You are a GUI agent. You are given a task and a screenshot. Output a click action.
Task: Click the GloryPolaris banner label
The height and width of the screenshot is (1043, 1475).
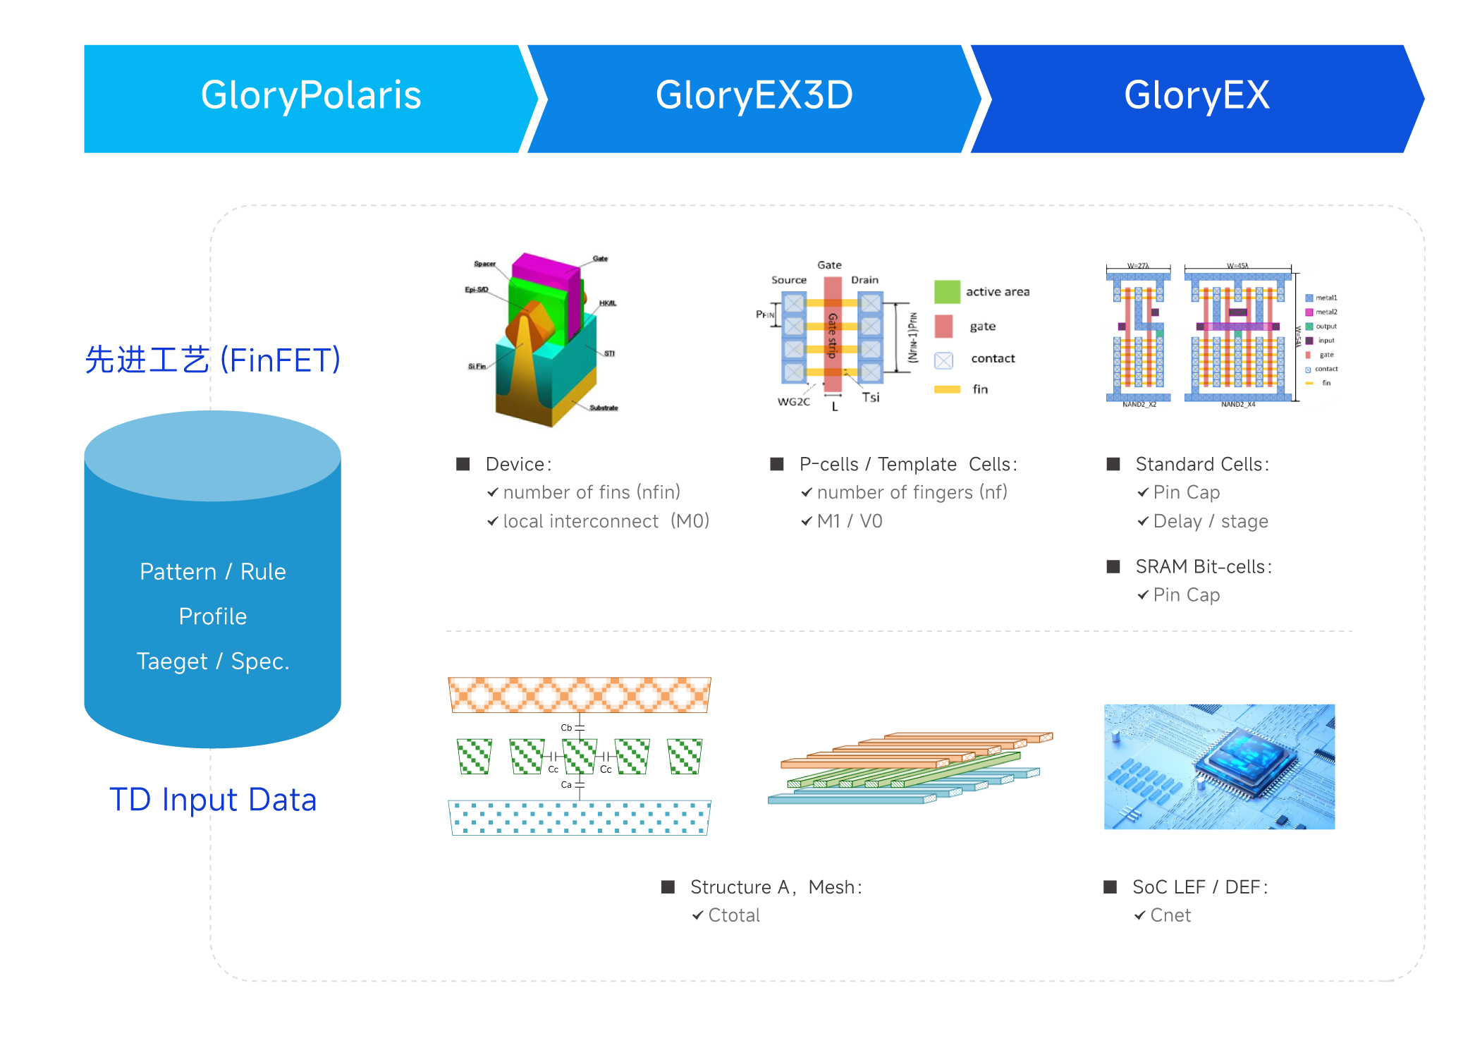311,95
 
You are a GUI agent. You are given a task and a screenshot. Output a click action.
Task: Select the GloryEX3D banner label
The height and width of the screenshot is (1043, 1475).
754,95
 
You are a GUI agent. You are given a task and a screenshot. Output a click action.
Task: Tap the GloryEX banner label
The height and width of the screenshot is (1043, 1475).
1196,95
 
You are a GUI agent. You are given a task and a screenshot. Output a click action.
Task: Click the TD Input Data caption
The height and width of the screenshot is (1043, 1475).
213,800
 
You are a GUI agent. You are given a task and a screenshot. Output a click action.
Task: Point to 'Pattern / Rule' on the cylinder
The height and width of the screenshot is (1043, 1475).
213,571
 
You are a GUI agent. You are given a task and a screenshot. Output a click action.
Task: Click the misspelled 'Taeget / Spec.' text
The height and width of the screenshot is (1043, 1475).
213,661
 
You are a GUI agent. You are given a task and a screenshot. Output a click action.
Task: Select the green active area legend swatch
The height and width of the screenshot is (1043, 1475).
947,291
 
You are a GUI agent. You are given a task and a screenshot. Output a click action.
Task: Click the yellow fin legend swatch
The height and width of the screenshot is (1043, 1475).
947,389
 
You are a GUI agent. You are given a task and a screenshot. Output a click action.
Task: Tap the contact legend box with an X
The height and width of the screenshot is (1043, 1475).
943,360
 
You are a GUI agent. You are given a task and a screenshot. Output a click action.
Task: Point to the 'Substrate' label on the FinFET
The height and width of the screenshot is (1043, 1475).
604,408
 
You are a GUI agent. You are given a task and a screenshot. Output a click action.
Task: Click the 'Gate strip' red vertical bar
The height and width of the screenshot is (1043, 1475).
833,335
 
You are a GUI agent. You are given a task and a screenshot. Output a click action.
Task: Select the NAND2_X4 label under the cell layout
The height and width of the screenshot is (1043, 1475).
1238,405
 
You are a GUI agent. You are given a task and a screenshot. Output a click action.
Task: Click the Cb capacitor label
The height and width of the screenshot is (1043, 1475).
566,727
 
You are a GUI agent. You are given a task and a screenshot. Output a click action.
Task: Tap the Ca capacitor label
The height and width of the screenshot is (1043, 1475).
566,784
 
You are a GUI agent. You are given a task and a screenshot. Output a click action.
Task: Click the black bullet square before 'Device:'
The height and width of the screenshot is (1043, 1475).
463,464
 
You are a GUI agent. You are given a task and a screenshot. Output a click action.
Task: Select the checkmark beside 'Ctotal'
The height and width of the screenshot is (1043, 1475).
697,915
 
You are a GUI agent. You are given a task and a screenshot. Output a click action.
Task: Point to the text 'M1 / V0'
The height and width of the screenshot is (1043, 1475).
850,521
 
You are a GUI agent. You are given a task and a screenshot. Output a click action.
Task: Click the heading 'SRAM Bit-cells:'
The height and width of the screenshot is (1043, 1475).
1204,566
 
